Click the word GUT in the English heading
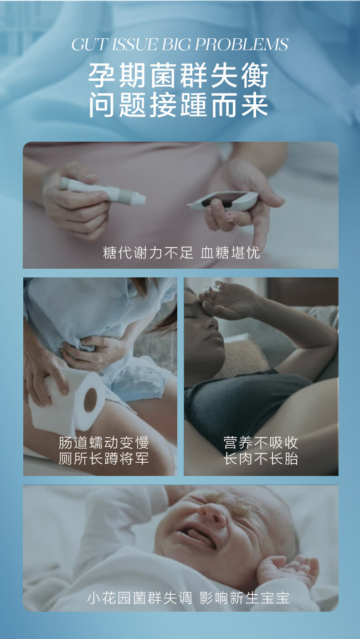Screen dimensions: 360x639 click(89, 45)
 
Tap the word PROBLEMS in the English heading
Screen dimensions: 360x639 click(242, 45)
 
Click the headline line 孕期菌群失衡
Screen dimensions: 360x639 click(178, 75)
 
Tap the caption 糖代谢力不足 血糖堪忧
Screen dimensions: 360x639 click(181, 253)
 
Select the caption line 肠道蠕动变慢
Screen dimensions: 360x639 click(103, 442)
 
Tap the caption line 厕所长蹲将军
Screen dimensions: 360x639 click(103, 459)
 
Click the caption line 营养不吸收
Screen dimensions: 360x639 click(261, 442)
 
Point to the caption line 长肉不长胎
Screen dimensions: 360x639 click(261, 459)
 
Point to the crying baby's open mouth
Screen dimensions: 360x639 click(197, 537)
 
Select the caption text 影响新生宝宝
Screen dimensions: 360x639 click(244, 598)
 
